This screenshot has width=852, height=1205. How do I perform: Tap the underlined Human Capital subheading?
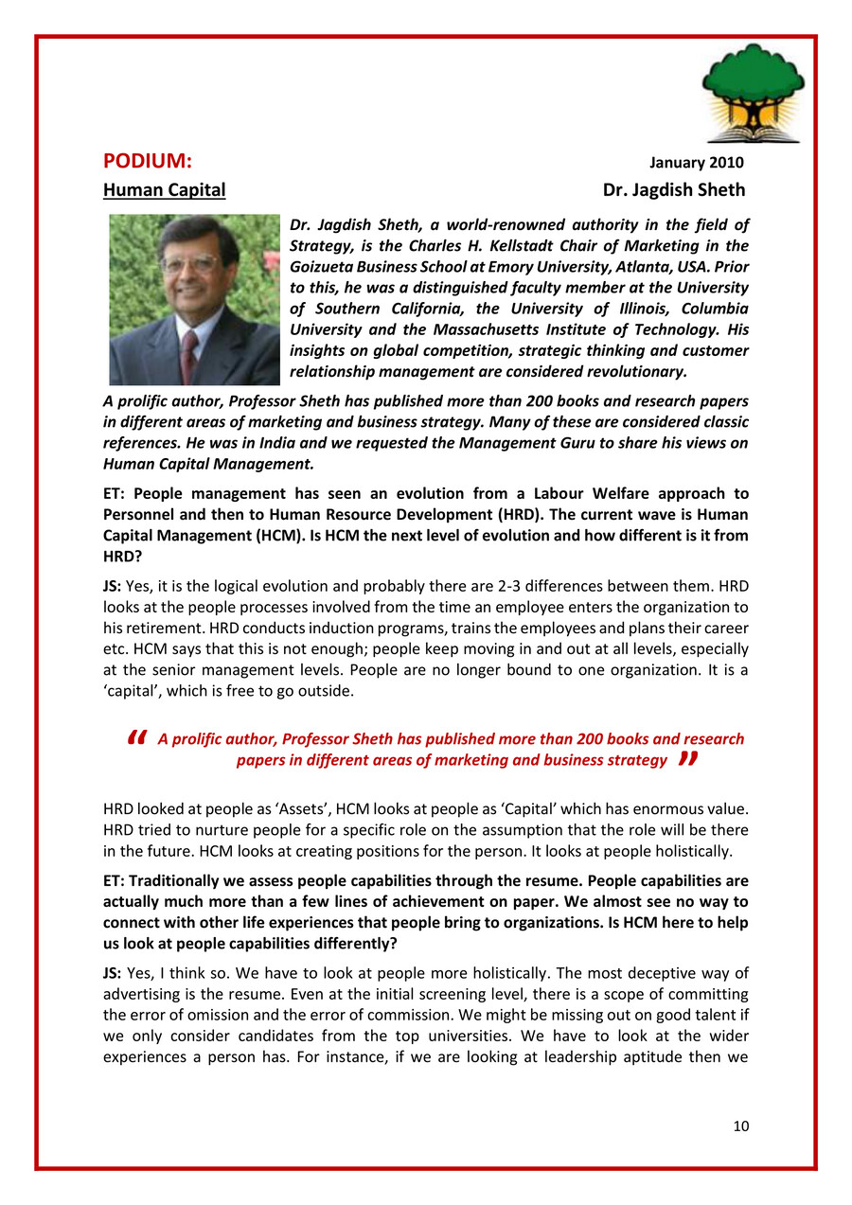point(164,189)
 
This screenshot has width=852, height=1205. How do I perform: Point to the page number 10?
point(740,1125)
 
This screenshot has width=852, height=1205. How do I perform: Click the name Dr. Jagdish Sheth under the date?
point(673,189)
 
